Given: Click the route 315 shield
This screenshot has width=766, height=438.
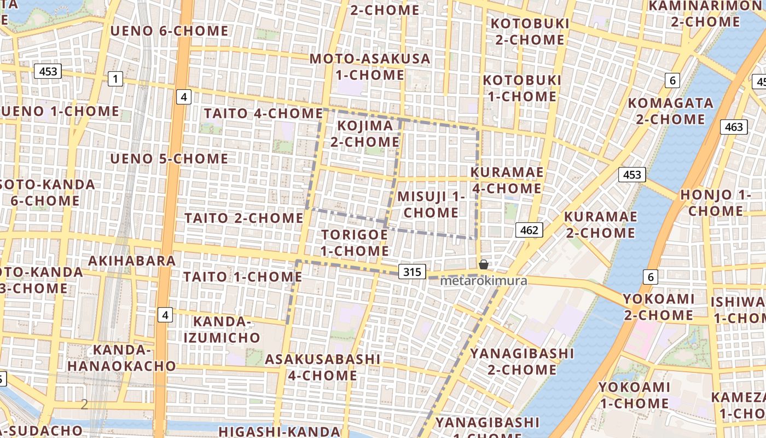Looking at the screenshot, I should point(412,272).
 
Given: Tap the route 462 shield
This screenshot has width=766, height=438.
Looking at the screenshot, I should point(529,230).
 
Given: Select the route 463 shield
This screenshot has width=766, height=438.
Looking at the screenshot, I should point(733,127).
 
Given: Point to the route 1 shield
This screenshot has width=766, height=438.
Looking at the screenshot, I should point(115,79).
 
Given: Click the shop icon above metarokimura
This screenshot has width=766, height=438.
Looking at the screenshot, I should point(484,264).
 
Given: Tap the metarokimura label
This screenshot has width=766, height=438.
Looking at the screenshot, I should point(484,281).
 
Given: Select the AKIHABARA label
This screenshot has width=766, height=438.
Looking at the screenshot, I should point(131,261).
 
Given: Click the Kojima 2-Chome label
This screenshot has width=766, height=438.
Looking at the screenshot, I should point(365,134).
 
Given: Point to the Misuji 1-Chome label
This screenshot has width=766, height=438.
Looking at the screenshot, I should point(431,204).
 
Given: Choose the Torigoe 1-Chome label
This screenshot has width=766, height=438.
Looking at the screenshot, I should point(355,243).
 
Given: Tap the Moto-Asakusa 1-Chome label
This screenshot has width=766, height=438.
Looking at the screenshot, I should point(370,66).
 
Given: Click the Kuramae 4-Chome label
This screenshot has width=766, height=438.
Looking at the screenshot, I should point(507,180).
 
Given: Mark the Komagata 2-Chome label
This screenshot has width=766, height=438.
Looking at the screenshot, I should point(670,111).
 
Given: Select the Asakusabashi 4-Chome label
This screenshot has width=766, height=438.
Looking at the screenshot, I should point(322,367).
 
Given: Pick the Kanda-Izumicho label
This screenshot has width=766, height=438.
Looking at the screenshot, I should point(222,329).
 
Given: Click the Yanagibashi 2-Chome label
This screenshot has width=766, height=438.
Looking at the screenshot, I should point(522,361).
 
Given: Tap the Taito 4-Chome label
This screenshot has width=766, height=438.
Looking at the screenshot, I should point(263,113).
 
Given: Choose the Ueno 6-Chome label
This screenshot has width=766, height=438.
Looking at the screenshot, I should point(169,31).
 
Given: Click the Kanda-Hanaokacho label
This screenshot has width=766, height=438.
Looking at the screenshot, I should point(121,358).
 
